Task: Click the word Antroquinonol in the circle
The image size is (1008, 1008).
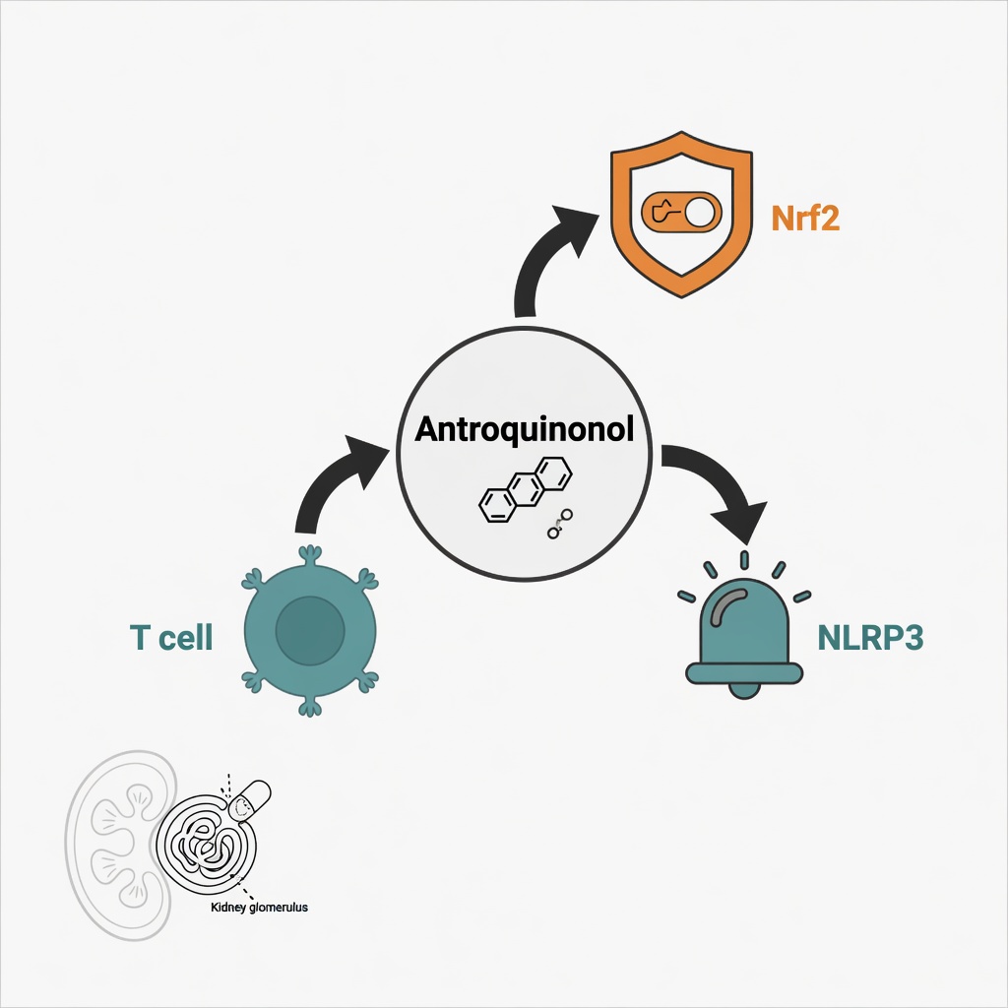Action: pyautogui.click(x=524, y=429)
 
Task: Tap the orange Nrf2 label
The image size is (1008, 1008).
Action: pyautogui.click(x=805, y=218)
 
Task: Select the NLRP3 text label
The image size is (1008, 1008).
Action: pyautogui.click(x=870, y=637)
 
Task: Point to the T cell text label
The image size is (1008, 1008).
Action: pyautogui.click(x=171, y=637)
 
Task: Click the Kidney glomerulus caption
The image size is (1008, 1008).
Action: pyautogui.click(x=259, y=907)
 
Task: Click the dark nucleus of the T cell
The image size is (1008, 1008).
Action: pyautogui.click(x=310, y=631)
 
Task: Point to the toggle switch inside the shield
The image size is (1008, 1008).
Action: pyautogui.click(x=681, y=213)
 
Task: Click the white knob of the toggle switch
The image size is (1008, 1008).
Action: pyautogui.click(x=700, y=213)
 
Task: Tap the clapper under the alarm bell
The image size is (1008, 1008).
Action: pyautogui.click(x=744, y=690)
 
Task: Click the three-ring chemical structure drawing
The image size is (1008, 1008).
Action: pyautogui.click(x=526, y=489)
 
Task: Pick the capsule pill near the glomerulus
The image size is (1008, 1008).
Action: pyautogui.click(x=250, y=800)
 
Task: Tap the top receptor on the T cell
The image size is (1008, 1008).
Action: pyautogui.click(x=310, y=554)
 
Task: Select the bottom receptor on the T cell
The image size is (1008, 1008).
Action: pyautogui.click(x=310, y=707)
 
